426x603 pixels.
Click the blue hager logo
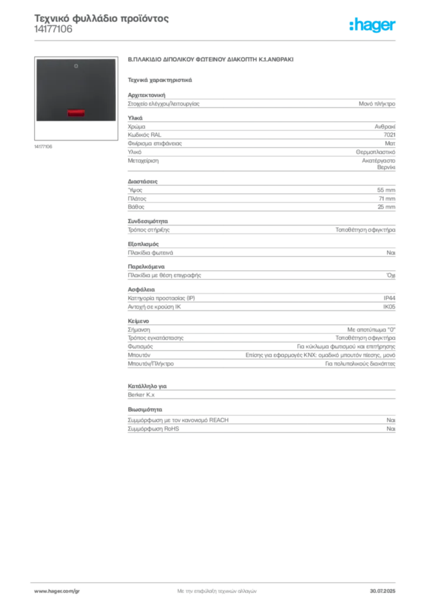click(x=373, y=25)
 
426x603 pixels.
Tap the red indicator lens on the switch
click(x=75, y=112)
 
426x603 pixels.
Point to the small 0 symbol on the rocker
click(x=76, y=67)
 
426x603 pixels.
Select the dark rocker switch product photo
click(x=76, y=90)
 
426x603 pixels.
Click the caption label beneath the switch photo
click(x=45, y=147)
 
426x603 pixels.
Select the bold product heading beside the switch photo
click(x=211, y=61)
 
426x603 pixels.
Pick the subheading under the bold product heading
click(x=160, y=79)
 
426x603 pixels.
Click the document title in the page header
click(x=102, y=18)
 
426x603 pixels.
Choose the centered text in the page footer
click(x=217, y=589)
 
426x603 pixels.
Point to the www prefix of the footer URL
click(x=39, y=591)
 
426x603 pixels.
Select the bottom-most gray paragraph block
click(x=261, y=422)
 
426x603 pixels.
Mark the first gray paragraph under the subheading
click(x=261, y=103)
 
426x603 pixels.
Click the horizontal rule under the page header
click(x=235, y=40)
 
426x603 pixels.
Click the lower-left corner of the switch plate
click(x=36, y=121)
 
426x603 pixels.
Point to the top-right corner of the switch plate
click(x=115, y=59)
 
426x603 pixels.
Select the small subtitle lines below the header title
click(x=54, y=34)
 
